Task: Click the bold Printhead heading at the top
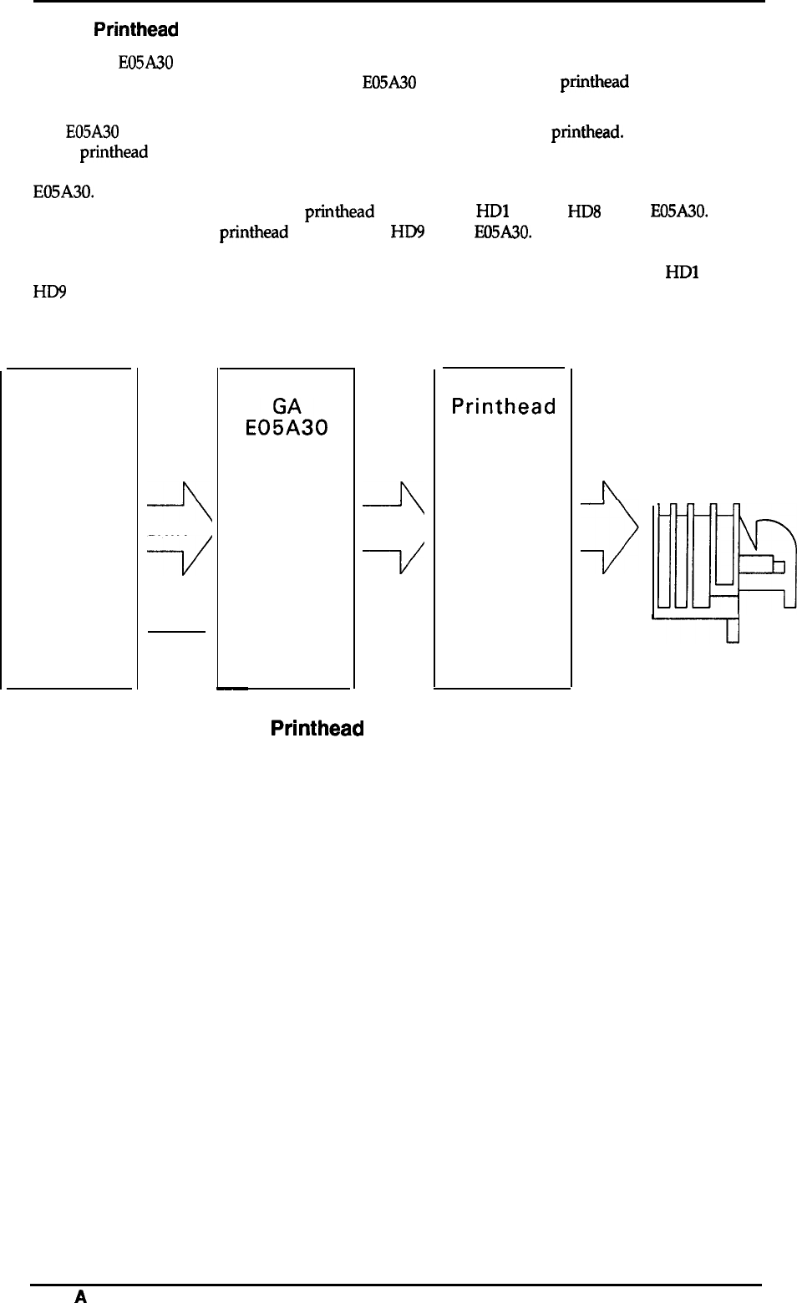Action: pyautogui.click(x=135, y=30)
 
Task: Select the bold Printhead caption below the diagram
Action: pyautogui.click(x=317, y=728)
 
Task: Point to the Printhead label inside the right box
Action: pyautogui.click(x=503, y=407)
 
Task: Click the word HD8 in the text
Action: pyautogui.click(x=584, y=212)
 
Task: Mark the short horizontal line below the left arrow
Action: pyautogui.click(x=175, y=632)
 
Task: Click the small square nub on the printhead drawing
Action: pyautogui.click(x=779, y=567)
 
